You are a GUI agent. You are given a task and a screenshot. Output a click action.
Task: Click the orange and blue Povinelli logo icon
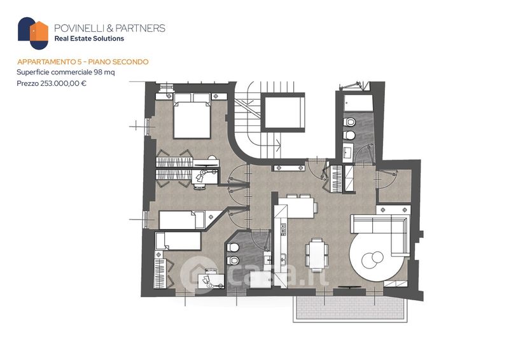click(x=33, y=33)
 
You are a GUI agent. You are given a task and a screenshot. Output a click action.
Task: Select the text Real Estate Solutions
click(x=89, y=39)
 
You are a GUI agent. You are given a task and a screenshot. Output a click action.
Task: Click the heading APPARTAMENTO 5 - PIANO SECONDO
click(x=83, y=62)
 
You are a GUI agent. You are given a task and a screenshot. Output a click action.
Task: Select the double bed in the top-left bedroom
click(x=192, y=116)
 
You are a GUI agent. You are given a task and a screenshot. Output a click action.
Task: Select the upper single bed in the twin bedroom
click(x=181, y=220)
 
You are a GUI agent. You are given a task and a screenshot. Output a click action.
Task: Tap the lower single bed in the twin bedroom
click(x=178, y=241)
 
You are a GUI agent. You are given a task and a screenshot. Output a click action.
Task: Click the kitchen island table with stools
click(x=295, y=206)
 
